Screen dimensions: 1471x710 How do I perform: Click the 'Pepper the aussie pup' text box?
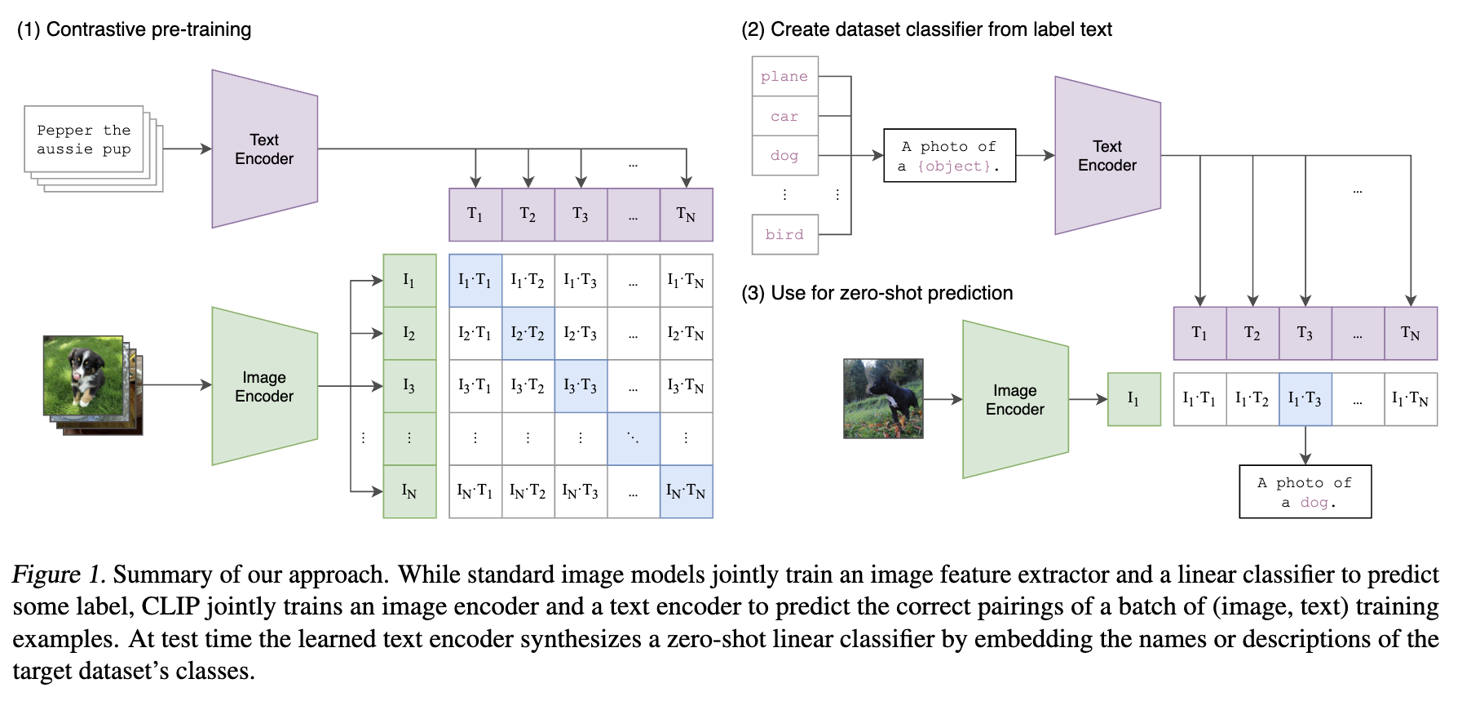(84, 140)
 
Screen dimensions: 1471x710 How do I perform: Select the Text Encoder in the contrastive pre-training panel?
(264, 149)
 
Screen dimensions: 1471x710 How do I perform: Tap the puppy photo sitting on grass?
(83, 375)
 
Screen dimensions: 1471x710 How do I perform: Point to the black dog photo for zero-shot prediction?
(883, 398)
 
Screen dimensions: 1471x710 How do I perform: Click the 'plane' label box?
(784, 77)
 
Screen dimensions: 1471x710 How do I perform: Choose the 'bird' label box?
(784, 234)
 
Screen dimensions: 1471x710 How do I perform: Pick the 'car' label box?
(784, 116)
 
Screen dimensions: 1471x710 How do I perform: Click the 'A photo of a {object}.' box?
(949, 155)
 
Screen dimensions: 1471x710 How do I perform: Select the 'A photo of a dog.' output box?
(1305, 491)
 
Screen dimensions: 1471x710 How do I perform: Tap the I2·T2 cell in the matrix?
(528, 333)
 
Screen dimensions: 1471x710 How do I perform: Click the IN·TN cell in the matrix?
(686, 491)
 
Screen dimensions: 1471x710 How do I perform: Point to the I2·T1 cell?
(475, 333)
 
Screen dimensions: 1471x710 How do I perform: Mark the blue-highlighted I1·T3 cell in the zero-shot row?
(1305, 399)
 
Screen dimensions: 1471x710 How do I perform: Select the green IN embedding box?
(409, 491)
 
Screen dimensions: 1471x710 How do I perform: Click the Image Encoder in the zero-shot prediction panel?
(1015, 399)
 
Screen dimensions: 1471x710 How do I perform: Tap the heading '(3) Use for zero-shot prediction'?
(877, 293)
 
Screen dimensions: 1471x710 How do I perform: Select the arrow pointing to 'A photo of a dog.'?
(1305, 446)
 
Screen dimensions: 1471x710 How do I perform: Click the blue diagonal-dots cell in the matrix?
(634, 438)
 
